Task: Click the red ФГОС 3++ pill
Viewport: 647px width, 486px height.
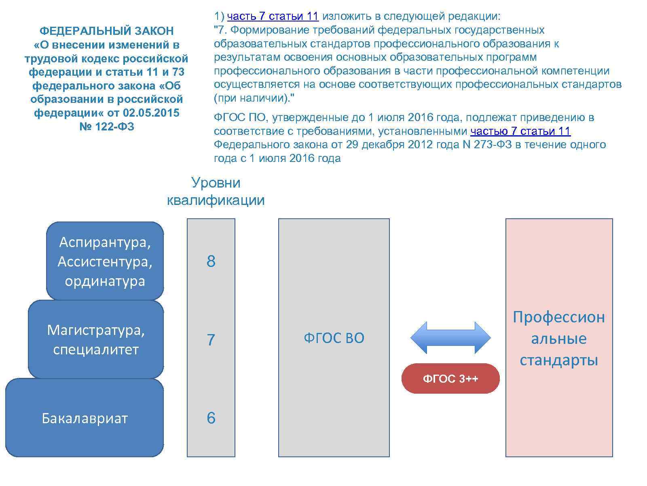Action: [450, 379]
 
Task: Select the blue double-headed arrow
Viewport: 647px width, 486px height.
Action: [450, 337]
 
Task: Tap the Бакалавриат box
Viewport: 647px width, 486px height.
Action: [85, 418]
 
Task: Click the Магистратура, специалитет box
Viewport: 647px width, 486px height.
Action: [96, 340]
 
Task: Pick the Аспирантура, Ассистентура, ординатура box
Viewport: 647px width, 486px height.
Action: [105, 261]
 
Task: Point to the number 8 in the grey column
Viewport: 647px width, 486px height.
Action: [211, 262]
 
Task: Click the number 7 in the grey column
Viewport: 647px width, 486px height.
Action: [211, 340]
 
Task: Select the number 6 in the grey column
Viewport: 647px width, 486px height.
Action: [211, 418]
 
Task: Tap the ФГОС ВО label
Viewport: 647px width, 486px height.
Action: [334, 338]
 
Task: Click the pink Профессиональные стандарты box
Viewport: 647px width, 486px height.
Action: [559, 338]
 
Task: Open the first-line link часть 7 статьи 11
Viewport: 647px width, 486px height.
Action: [273, 17]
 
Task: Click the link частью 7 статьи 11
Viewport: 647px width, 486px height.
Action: [520, 131]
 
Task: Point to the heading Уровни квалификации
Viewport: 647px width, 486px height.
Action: [216, 191]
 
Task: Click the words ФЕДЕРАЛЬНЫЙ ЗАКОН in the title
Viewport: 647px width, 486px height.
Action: [106, 31]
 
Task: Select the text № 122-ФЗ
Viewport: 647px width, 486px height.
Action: [106, 127]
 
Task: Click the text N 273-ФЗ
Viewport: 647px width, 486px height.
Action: [486, 145]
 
